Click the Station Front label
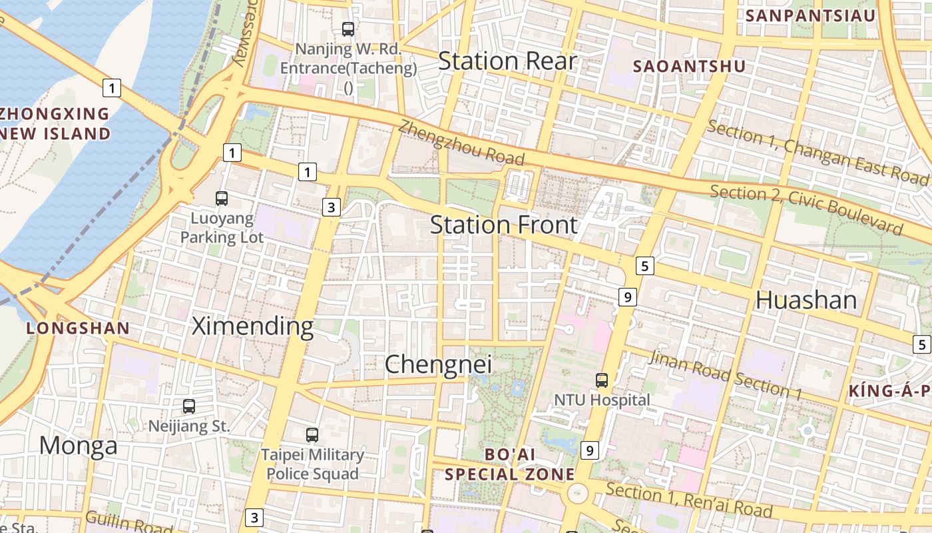tap(504, 225)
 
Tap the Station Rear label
tap(507, 61)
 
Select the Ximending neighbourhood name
tap(252, 326)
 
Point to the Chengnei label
tap(439, 364)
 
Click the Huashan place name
tap(806, 300)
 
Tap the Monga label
tap(78, 445)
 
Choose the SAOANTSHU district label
tap(689, 67)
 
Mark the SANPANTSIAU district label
tap(810, 15)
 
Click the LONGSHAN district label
tap(78, 328)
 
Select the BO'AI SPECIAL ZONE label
tap(509, 464)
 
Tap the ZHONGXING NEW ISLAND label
tap(55, 124)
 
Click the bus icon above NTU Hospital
tap(602, 380)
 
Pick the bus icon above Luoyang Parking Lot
tap(222, 199)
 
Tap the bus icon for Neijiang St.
tap(189, 406)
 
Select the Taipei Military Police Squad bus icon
tap(312, 435)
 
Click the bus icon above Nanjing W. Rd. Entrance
tap(348, 29)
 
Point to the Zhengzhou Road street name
tap(462, 143)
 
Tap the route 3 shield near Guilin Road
tap(254, 517)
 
